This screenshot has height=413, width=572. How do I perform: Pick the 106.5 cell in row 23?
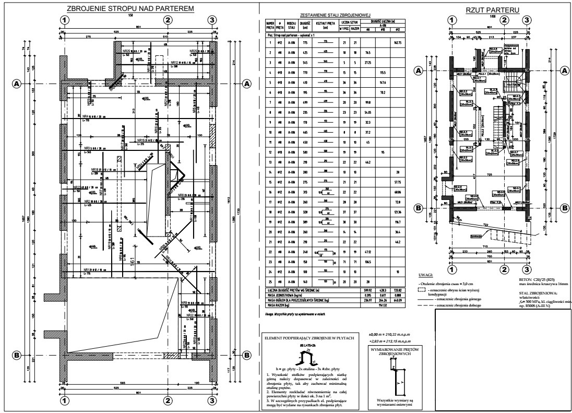[367, 262]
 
